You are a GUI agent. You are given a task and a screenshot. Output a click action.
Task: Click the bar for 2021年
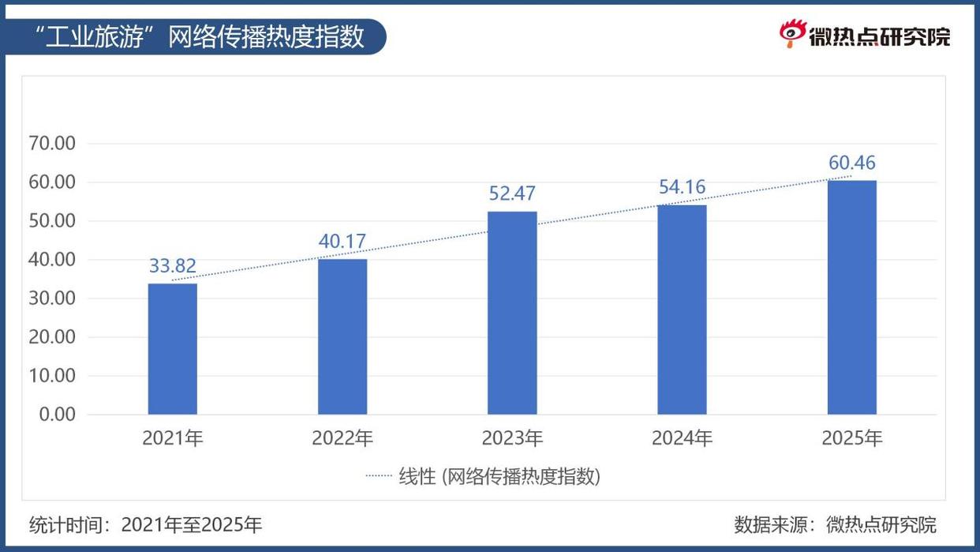[x=173, y=348]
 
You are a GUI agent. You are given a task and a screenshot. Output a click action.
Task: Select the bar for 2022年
[x=342, y=336]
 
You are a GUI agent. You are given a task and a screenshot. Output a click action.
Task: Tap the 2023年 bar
[x=512, y=313]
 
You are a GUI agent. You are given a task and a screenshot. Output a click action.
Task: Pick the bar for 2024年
[x=682, y=310]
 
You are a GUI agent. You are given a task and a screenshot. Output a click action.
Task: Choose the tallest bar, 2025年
[x=851, y=297]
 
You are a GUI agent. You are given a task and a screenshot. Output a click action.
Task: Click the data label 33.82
[x=173, y=266]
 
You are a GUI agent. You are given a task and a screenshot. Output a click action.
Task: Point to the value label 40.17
[x=342, y=242]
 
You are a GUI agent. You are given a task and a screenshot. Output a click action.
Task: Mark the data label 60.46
[x=851, y=163]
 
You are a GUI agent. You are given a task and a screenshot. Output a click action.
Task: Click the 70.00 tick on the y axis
[x=51, y=144]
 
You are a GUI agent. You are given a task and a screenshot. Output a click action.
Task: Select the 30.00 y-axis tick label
[x=51, y=299]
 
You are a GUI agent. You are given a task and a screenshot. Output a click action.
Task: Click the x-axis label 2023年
[x=512, y=438]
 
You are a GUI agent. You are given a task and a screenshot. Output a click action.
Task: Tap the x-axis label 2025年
[x=851, y=438]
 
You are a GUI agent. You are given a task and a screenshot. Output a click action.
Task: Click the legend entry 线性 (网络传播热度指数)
[x=484, y=477]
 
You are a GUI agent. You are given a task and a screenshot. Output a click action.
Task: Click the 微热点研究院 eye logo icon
[x=791, y=34]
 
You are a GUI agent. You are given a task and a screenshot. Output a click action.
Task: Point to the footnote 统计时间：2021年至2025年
[x=146, y=524]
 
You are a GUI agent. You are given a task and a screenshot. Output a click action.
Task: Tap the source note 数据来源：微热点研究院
[x=835, y=524]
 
